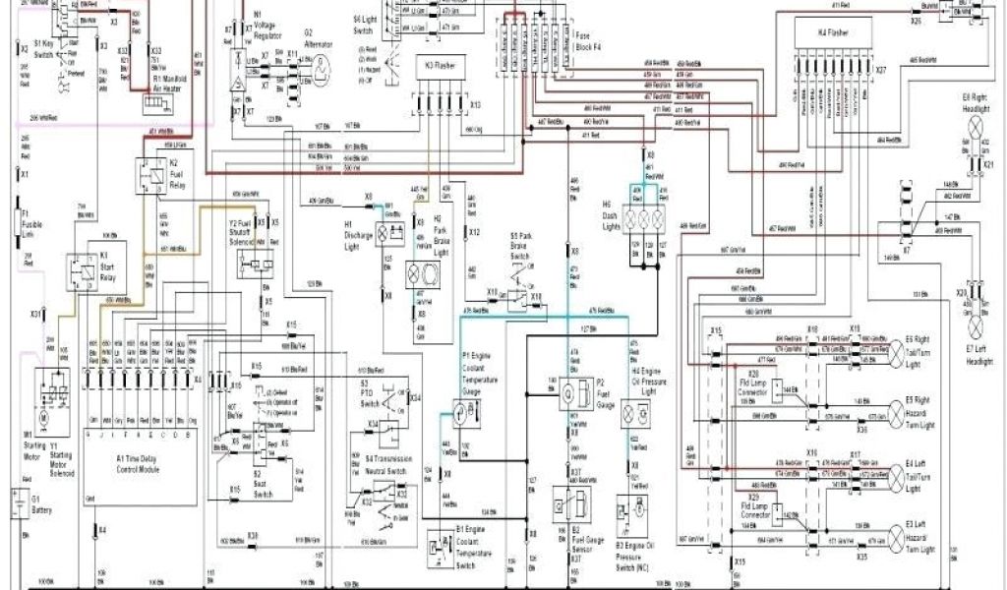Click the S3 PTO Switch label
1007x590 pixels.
371,394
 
